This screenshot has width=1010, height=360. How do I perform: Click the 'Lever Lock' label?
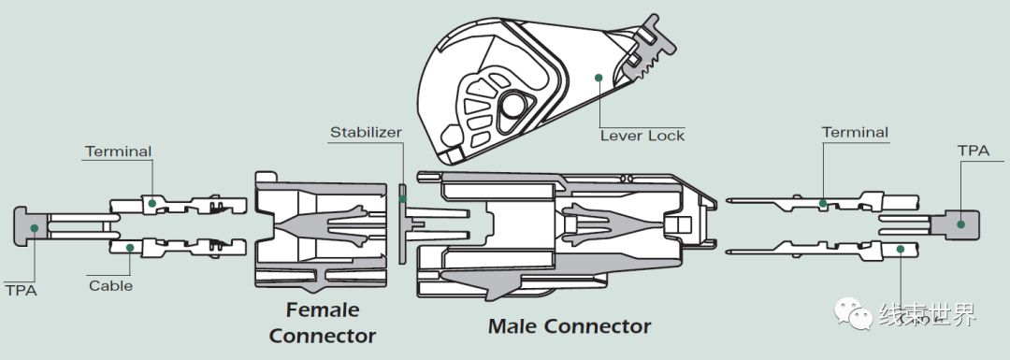pos(642,136)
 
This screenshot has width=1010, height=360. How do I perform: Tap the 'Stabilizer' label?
pos(366,132)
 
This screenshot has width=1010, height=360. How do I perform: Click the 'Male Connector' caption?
pos(569,326)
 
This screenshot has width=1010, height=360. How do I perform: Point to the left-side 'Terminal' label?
pos(118,151)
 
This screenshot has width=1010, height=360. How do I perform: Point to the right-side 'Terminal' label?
pos(855,133)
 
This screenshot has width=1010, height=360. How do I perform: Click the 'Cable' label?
pos(110,285)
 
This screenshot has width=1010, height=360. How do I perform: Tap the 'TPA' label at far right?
pos(969,150)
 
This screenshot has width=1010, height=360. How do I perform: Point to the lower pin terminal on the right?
pos(804,249)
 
